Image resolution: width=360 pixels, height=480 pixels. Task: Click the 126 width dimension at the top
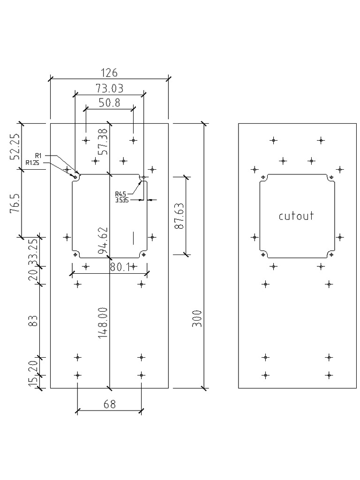click(x=109, y=73)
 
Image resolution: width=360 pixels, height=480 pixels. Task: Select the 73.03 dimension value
click(x=109, y=88)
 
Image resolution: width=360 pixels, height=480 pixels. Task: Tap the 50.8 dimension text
click(x=109, y=103)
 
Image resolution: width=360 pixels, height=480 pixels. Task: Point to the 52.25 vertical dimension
click(x=15, y=146)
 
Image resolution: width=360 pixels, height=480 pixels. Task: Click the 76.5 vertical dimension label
click(x=15, y=203)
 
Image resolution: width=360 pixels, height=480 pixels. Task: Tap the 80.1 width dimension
click(x=119, y=267)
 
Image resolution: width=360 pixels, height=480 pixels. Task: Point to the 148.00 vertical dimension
click(x=104, y=322)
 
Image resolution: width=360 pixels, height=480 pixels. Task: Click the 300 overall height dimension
click(x=197, y=318)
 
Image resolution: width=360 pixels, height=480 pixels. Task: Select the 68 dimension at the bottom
click(x=109, y=404)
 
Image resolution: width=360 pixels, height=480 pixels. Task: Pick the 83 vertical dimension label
click(x=33, y=321)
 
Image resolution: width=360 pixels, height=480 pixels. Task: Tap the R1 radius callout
click(x=39, y=155)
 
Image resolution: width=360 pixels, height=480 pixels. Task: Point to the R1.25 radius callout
click(x=33, y=163)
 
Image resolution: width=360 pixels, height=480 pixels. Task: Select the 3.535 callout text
click(x=122, y=200)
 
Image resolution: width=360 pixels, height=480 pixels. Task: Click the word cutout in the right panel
click(x=296, y=216)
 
